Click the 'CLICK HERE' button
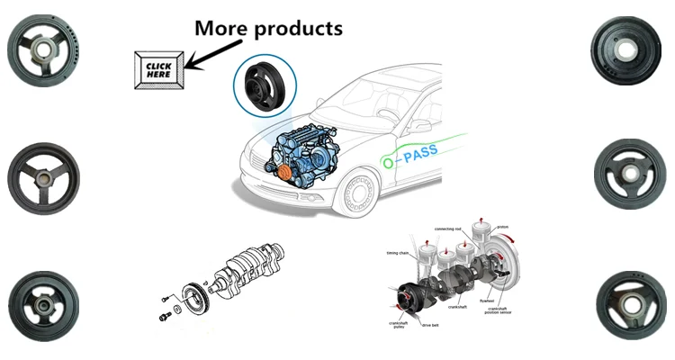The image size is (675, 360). coord(159,68)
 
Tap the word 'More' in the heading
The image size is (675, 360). coord(223,28)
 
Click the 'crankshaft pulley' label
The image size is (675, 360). coord(399,326)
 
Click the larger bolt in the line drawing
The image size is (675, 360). coord(164,317)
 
